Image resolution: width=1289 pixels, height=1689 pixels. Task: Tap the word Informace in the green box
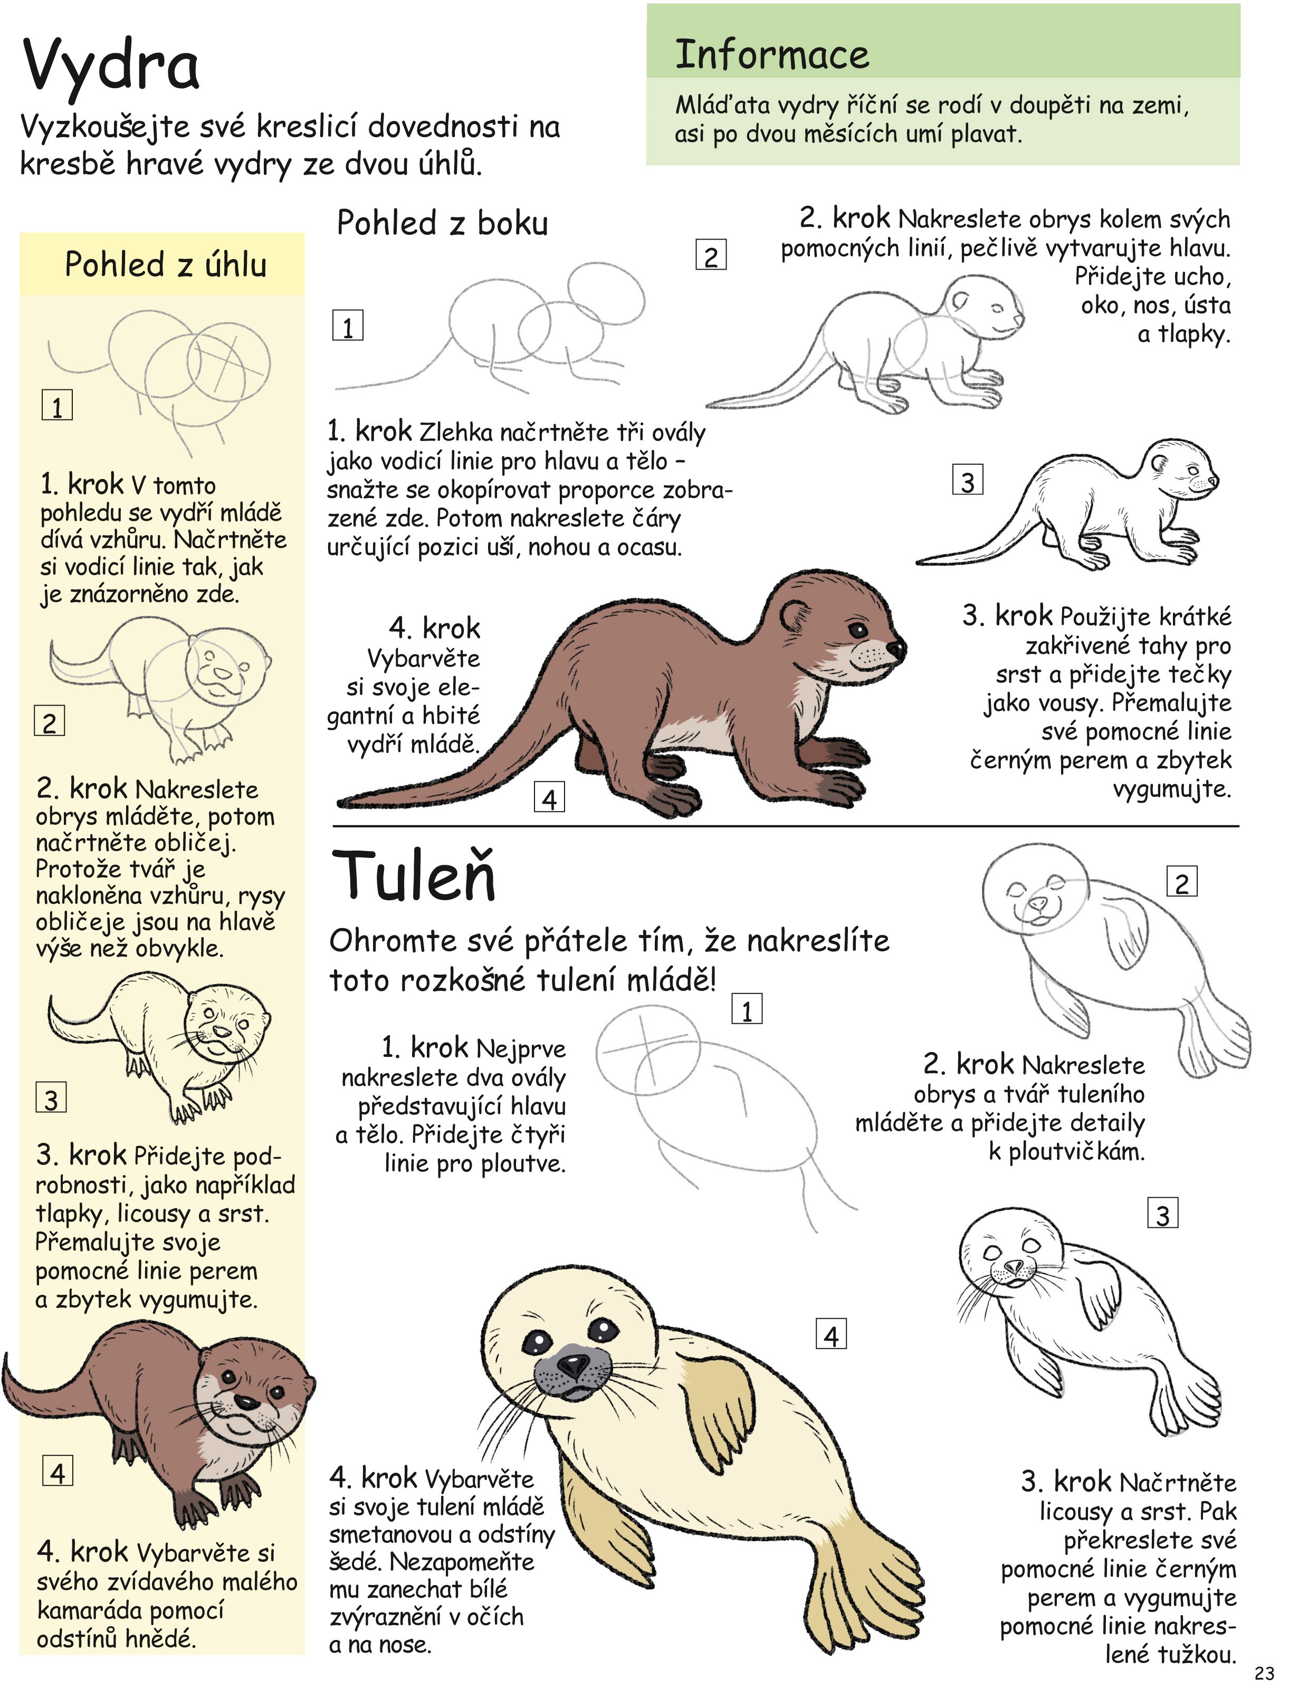tap(772, 55)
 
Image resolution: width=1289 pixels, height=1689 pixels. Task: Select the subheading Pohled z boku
tap(443, 223)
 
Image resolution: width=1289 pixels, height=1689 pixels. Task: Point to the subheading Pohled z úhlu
tap(166, 265)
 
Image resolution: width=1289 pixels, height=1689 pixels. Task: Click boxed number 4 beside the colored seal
tap(831, 1336)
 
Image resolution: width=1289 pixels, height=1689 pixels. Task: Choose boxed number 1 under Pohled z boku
tap(348, 326)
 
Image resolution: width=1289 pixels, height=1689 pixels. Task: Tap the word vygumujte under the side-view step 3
tap(1172, 788)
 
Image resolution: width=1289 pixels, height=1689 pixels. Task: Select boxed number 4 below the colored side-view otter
tap(549, 799)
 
